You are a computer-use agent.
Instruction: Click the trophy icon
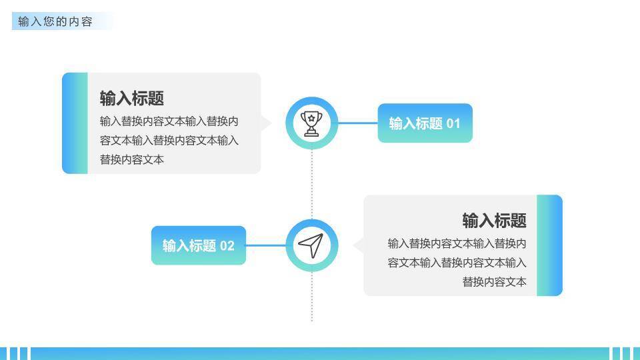point(312,123)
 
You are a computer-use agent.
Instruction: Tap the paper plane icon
point(311,245)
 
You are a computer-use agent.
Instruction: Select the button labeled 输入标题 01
point(425,123)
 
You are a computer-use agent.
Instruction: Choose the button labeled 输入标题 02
point(198,245)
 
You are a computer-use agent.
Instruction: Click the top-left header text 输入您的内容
point(55,21)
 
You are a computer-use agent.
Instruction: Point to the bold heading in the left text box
point(132,99)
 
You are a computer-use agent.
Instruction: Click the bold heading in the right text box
point(494,221)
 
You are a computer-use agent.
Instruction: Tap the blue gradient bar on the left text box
point(75,123)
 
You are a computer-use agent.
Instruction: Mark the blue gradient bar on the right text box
point(549,245)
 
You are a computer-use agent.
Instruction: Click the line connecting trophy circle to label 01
point(358,123)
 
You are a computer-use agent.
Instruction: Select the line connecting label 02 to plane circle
point(265,245)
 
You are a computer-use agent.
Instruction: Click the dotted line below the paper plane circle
point(312,297)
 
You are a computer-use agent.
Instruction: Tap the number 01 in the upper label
point(453,123)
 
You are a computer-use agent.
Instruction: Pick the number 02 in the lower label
point(227,245)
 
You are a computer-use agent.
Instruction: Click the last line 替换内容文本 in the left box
point(132,160)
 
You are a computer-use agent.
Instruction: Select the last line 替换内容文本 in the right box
point(494,282)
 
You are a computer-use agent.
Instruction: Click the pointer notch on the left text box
point(266,123)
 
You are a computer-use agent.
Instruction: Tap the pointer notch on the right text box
point(358,245)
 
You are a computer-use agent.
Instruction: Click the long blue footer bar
point(320,353)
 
